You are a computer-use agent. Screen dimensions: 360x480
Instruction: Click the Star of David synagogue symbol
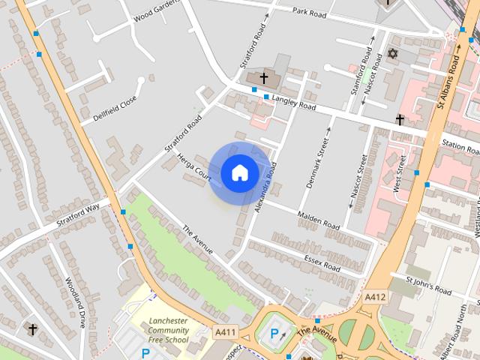click(391, 55)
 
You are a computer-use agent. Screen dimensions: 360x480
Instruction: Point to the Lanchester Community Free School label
click(168, 331)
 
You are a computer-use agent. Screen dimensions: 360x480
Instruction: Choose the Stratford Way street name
click(78, 214)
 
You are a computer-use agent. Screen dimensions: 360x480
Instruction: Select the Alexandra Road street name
click(265, 188)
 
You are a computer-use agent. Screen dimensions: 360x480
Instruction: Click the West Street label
click(402, 175)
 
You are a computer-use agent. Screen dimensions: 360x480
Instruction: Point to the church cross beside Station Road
click(400, 120)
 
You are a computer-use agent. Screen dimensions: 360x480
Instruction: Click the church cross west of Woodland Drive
click(32, 328)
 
